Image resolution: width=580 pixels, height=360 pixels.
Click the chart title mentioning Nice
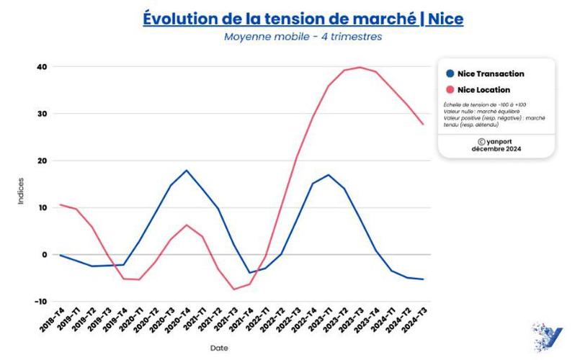click(x=303, y=18)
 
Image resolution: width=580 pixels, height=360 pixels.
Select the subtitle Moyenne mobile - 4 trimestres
click(x=303, y=37)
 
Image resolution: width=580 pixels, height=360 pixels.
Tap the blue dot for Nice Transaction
click(x=450, y=73)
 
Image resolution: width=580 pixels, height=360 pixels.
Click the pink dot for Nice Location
click(x=450, y=90)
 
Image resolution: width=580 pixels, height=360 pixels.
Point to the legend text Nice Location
click(x=483, y=90)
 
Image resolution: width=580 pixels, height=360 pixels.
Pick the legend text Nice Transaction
click(x=491, y=73)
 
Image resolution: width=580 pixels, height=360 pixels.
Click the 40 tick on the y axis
click(x=43, y=67)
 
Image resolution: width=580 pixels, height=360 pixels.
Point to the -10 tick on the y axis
click(x=41, y=302)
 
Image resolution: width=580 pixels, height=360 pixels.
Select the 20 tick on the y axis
click(x=43, y=161)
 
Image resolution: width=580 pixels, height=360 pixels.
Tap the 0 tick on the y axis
click(x=45, y=255)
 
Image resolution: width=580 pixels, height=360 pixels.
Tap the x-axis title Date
click(x=219, y=348)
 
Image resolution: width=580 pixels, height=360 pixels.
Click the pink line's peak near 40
click(x=360, y=67)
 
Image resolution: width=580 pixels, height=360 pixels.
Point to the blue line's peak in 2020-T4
click(x=187, y=171)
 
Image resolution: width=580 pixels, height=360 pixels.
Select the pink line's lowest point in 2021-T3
click(x=233, y=289)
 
